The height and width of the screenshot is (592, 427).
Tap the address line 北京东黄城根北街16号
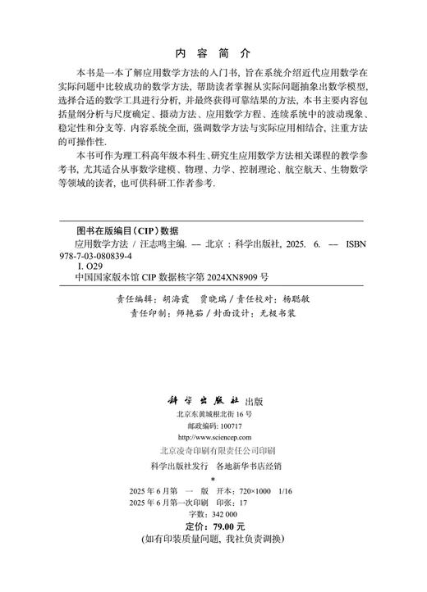213,415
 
